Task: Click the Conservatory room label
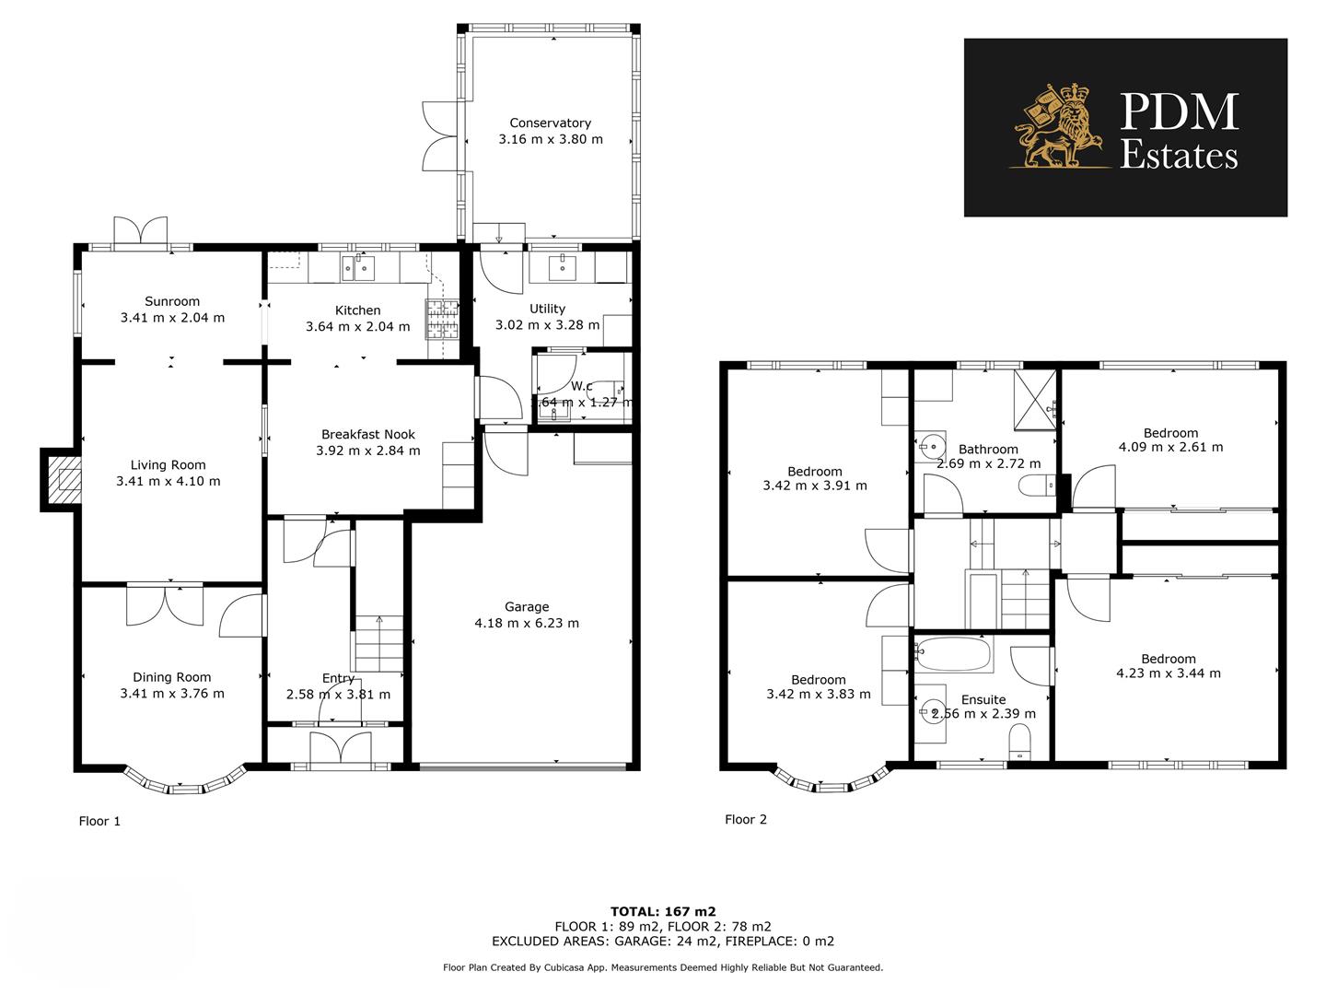point(550,123)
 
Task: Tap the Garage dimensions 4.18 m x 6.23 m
point(527,623)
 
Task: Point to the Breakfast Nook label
point(367,434)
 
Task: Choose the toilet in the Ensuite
point(1019,743)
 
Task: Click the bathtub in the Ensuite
point(953,656)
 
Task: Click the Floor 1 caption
point(99,821)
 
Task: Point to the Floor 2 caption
point(745,819)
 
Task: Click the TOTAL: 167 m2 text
point(663,911)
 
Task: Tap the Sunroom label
point(172,301)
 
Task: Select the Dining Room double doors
point(165,603)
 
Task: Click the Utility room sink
point(562,266)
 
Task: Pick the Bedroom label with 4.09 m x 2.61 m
point(1170,432)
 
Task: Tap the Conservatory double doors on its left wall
point(439,135)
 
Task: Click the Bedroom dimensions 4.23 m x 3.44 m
point(1169,673)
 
